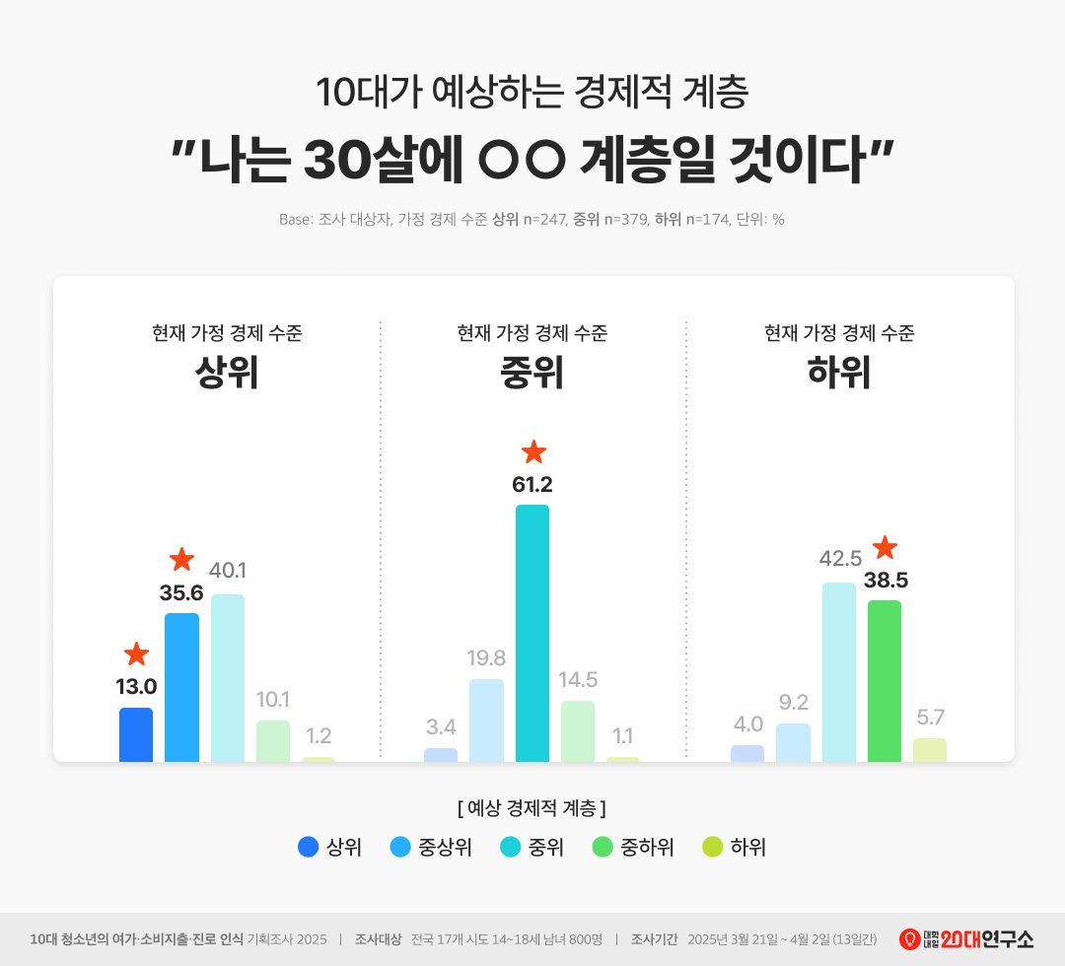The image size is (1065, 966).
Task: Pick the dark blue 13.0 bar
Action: pos(136,734)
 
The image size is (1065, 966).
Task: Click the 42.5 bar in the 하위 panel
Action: pos(839,672)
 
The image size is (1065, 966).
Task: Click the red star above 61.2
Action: pos(533,452)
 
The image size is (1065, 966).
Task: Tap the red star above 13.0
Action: pos(136,654)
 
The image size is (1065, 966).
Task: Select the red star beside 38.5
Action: pos(886,547)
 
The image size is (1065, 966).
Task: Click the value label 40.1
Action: pos(228,571)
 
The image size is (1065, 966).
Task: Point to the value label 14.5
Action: pos(578,679)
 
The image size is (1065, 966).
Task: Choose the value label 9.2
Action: pos(793,703)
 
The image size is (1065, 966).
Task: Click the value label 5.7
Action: pos(930,718)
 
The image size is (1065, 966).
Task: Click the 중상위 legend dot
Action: pos(400,847)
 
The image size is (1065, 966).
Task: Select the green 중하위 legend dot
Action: pos(603,847)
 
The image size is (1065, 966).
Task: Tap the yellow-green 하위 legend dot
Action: pos(712,847)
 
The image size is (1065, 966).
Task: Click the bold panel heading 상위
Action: pos(227,374)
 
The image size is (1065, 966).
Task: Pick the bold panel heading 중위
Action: pos(532,374)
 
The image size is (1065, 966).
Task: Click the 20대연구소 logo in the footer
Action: pos(966,939)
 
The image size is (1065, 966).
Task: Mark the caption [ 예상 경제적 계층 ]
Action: pos(532,808)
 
